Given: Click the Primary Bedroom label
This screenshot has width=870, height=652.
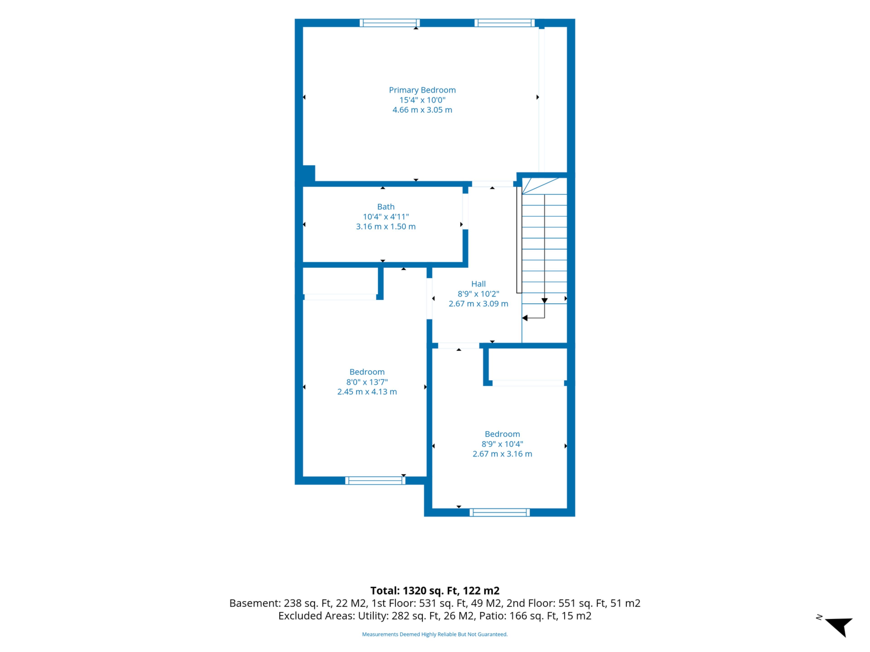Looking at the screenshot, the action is (422, 90).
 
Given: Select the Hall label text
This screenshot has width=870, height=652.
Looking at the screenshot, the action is (478, 284).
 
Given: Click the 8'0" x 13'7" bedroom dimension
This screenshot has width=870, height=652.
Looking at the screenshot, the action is (367, 382).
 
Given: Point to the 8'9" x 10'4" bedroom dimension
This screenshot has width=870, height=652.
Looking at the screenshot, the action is (502, 444).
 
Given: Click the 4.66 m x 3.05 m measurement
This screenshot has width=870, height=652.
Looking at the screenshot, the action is (422, 110).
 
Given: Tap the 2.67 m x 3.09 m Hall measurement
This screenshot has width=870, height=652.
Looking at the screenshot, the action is (478, 304).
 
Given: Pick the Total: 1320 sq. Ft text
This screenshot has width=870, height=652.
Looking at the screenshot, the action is (415, 591).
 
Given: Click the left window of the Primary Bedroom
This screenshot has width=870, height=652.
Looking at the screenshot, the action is (389, 23).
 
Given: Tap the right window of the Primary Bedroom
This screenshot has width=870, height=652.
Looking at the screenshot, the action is (504, 23).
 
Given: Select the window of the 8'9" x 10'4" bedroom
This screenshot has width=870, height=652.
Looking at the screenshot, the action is (500, 513).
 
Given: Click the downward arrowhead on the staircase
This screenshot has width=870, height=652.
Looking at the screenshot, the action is (544, 301).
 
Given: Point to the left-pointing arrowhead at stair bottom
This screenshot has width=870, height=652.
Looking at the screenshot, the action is (525, 318).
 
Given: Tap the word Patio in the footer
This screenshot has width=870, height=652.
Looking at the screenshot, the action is (491, 616).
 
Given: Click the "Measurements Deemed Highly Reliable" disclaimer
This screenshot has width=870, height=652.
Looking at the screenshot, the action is (435, 634).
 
